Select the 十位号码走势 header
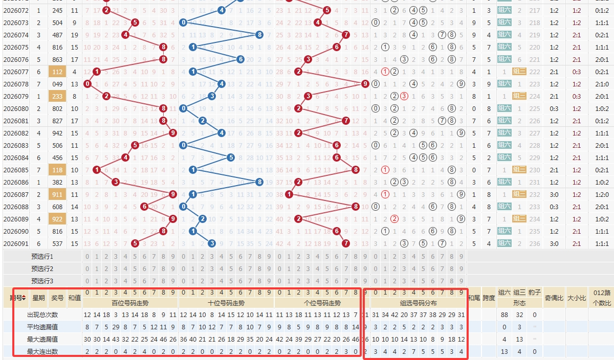226,303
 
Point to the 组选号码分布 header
418,303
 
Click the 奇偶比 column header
553,298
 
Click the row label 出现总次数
42,314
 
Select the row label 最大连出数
42,351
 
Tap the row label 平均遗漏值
42,327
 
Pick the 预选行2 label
42,268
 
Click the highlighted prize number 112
57,72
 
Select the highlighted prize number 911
57,194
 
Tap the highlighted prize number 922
57,219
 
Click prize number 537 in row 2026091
57,243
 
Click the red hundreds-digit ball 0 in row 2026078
87,84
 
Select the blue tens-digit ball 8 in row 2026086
260,182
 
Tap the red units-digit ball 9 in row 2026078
365,84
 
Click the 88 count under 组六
505,315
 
